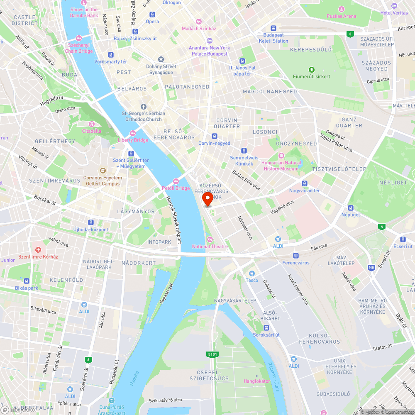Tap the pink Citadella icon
pyautogui.click(x=92, y=124)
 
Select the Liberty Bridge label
pyautogui.click(x=133, y=140)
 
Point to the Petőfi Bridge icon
pyautogui.click(x=176, y=181)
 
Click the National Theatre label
pyautogui.click(x=210, y=247)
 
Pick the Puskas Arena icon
pyautogui.click(x=341, y=9)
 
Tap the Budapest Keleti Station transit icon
pyautogui.click(x=273, y=28)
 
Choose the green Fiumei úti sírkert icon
pyautogui.click(x=311, y=69)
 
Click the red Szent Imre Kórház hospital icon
pyautogui.click(x=38, y=249)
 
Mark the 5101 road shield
pyautogui.click(x=212, y=354)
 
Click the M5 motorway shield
pyautogui.click(x=371, y=268)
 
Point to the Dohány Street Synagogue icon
pyautogui.click(x=161, y=59)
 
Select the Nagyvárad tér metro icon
pyautogui.click(x=305, y=183)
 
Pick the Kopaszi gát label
pyautogui.click(x=166, y=294)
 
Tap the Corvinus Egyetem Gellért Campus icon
pyautogui.click(x=103, y=170)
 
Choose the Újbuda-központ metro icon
pyautogui.click(x=90, y=222)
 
